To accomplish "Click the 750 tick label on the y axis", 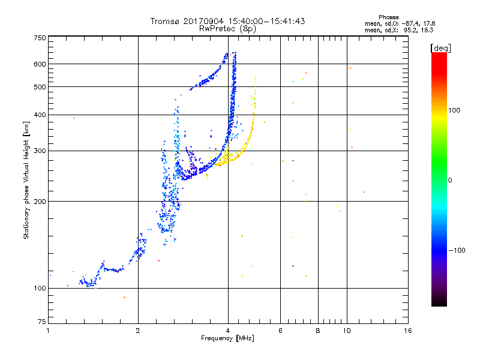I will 40,37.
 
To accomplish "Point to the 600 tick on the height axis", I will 40,64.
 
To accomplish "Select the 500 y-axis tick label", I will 40,87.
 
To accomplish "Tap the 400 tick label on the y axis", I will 40,115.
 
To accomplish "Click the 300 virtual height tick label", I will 40,151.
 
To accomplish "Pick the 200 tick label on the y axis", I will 40,201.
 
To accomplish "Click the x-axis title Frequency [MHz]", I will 227,339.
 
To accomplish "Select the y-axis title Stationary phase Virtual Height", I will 26,179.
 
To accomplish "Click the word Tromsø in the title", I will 166,21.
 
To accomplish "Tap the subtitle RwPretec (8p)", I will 227,28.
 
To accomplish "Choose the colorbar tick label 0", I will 450,180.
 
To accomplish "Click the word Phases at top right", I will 389,17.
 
